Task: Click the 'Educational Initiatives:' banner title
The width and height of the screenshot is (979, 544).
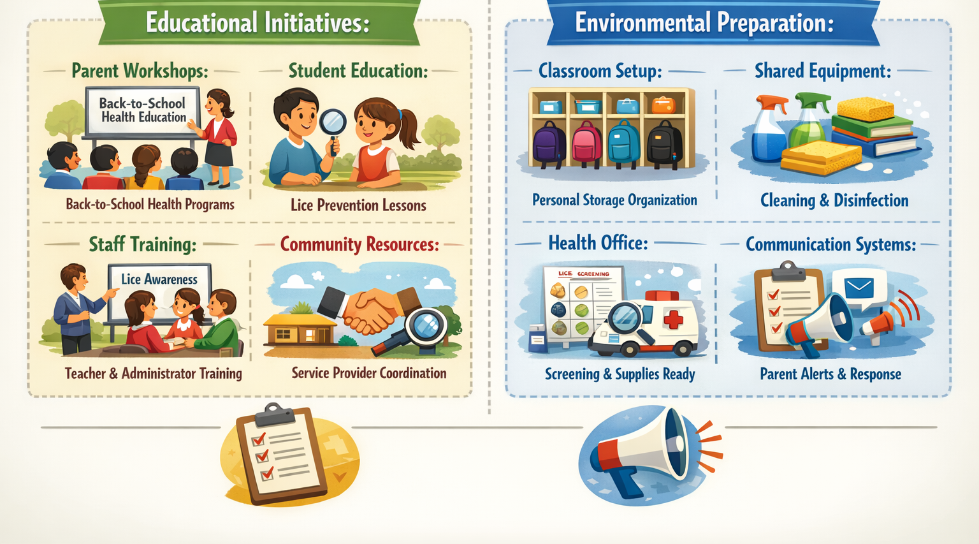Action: coord(257,23)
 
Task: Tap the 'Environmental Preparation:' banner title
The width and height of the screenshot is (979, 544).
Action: coord(704,23)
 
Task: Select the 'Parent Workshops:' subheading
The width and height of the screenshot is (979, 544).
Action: coord(140,71)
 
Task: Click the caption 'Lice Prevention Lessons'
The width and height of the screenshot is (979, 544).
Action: coord(358,205)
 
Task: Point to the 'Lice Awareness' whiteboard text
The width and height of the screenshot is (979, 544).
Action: coord(159,279)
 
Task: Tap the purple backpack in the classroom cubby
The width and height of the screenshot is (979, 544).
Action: coord(549,143)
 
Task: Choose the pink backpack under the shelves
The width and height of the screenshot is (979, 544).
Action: coord(587,143)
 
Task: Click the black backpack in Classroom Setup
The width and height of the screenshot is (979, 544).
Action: coord(664,143)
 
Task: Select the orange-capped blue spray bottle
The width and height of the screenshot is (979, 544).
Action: coord(769,131)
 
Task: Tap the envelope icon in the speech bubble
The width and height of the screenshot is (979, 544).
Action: coord(859,288)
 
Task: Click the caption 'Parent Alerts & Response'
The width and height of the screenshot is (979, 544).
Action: coord(830,374)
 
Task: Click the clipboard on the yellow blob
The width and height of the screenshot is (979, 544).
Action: coord(280,454)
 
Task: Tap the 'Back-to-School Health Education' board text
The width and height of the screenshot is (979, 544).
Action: coord(143,110)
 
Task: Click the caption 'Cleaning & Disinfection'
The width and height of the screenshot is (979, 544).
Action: coord(834,201)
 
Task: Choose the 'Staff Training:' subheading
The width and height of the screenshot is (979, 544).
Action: coord(142,244)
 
